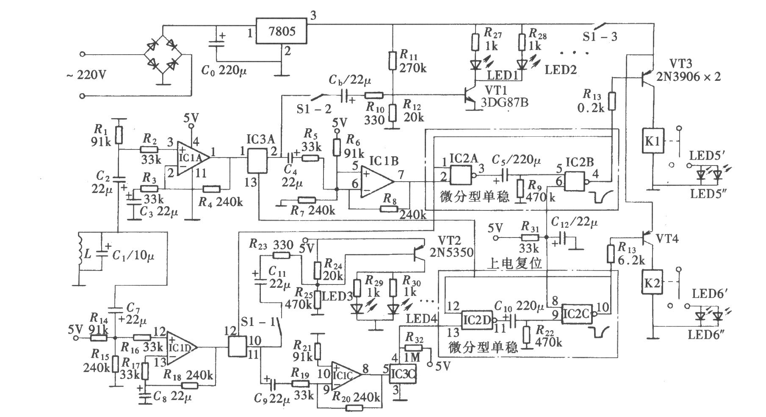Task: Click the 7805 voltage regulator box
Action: pyautogui.click(x=282, y=31)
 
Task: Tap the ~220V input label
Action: pyautogui.click(x=86, y=76)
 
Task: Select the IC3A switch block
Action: pyautogui.click(x=257, y=160)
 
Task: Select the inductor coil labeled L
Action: pyautogui.click(x=80, y=254)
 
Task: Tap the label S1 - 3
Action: pyautogui.click(x=600, y=37)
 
